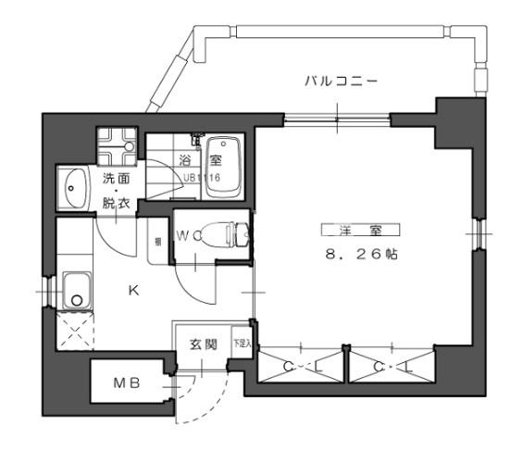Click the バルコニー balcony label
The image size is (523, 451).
[342, 81]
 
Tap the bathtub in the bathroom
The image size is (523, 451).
[220, 167]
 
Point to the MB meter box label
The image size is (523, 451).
[127, 383]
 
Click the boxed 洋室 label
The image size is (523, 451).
[360, 230]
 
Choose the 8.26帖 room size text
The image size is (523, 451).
[360, 256]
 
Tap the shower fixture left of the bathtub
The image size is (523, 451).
[195, 144]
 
